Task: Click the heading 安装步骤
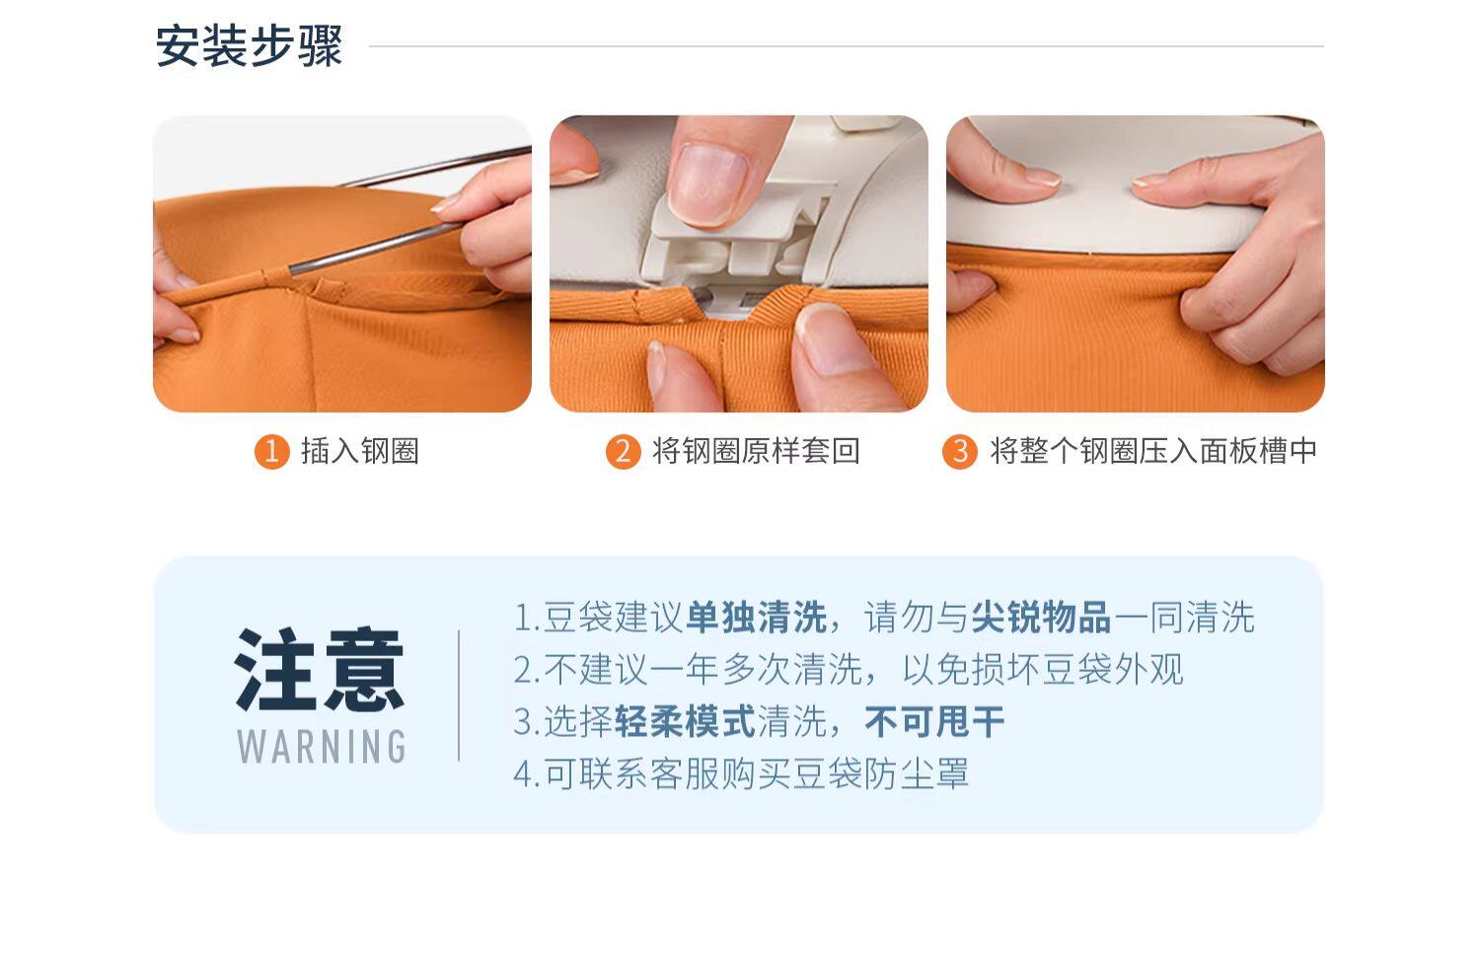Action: click(249, 46)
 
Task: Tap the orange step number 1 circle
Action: click(271, 452)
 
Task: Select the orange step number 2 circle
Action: click(623, 452)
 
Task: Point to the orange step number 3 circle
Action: click(960, 452)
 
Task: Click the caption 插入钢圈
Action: click(360, 451)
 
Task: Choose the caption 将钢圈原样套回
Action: click(756, 451)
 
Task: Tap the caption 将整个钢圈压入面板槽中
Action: click(1153, 451)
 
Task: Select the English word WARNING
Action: click(321, 747)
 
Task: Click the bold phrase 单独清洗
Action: click(757, 618)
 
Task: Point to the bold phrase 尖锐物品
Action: click(1041, 618)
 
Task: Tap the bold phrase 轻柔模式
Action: click(685, 721)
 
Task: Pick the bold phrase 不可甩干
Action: click(935, 721)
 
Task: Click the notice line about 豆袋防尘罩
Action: click(741, 773)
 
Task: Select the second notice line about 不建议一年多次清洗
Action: click(849, 669)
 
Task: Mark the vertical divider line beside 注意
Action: click(459, 696)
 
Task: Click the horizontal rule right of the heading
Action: click(847, 46)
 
